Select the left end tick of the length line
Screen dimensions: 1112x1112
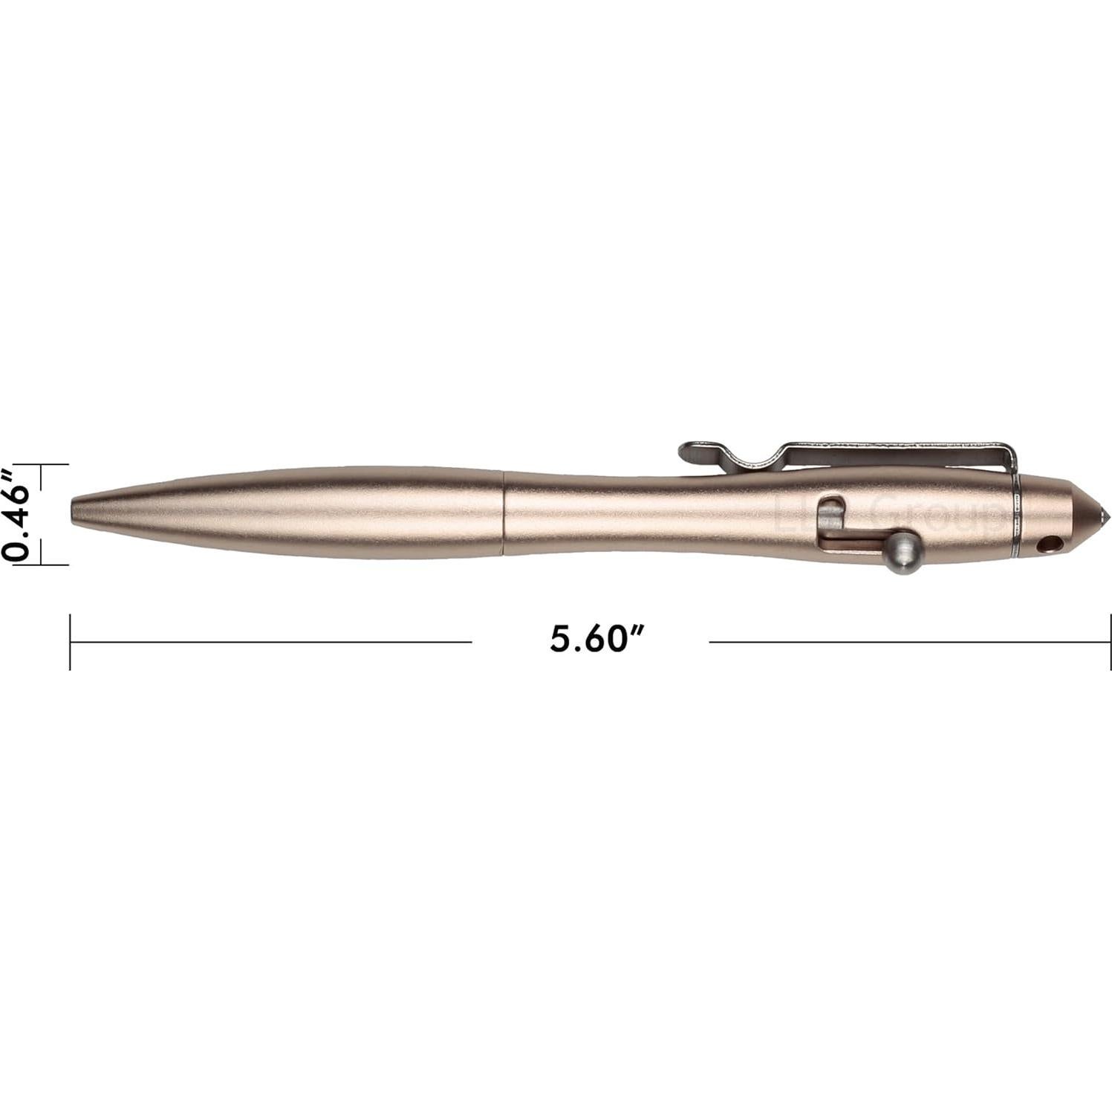click(x=71, y=640)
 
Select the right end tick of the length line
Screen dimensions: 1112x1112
click(x=1110, y=640)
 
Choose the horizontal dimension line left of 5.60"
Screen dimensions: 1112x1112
click(x=271, y=641)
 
